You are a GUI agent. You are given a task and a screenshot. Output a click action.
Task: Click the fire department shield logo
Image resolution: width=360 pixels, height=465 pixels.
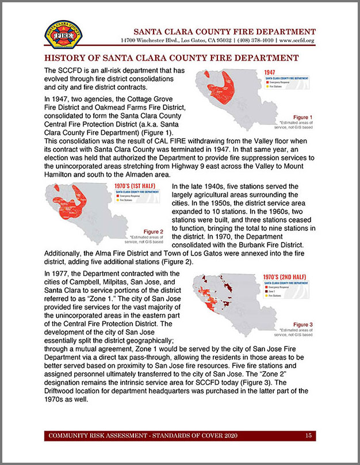coord(63,35)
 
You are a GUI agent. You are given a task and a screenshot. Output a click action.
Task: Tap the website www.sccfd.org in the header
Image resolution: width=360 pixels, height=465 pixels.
coord(297,41)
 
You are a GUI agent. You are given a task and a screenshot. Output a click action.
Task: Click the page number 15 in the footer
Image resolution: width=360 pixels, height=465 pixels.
coord(308,436)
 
